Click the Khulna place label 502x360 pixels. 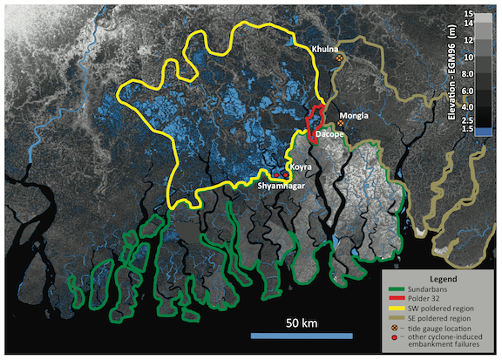(x=328, y=50)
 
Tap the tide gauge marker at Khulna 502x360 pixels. (x=340, y=59)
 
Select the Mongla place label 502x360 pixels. (x=355, y=115)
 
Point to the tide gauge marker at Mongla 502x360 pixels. (x=341, y=124)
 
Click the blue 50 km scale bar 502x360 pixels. (x=302, y=335)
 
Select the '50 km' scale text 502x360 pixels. (x=302, y=322)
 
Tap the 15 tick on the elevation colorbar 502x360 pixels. (x=469, y=15)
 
